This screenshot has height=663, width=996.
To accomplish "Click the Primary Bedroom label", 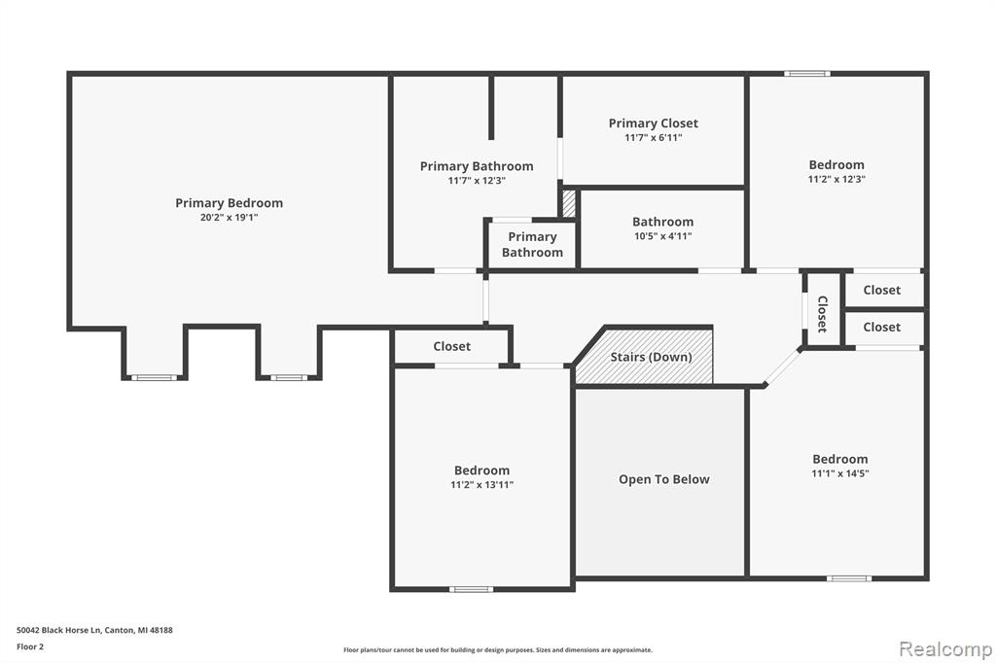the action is [x=229, y=203].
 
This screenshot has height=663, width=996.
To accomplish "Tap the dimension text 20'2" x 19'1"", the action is [x=229, y=218].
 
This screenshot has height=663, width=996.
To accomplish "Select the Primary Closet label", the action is [x=653, y=123].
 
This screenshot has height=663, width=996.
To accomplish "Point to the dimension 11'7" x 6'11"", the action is [x=653, y=138].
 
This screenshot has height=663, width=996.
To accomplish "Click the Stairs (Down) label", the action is [x=651, y=357].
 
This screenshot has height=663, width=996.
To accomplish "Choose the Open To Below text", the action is [x=663, y=479].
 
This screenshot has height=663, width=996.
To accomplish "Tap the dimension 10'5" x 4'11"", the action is [x=662, y=236].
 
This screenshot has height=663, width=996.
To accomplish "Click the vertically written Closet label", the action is [x=822, y=314].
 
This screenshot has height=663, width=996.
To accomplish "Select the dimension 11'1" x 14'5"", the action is [x=839, y=473].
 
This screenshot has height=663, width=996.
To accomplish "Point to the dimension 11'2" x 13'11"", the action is [x=481, y=485].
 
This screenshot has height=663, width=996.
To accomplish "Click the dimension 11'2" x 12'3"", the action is [x=836, y=179].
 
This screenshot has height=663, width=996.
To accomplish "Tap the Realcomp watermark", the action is [x=945, y=649].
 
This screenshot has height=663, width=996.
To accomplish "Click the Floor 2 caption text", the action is [x=30, y=646].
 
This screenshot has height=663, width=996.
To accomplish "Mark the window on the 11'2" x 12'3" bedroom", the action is [x=806, y=74].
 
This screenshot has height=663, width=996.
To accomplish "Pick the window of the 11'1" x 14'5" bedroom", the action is [x=848, y=577].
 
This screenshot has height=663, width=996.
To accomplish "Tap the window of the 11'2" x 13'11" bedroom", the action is [x=471, y=589].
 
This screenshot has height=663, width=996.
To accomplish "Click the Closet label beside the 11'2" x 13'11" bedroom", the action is [x=451, y=347].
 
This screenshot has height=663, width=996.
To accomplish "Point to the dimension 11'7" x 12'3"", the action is [x=477, y=181].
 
